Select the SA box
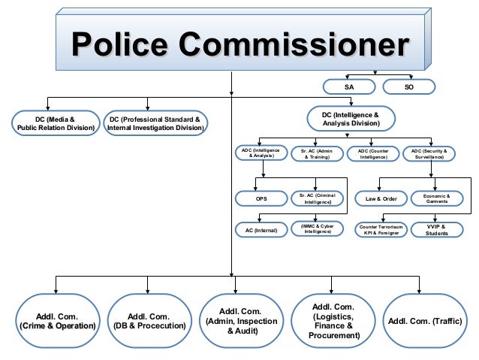(x=349, y=87)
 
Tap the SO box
(x=408, y=87)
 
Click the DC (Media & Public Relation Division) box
(x=56, y=123)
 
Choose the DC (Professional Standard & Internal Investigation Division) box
(x=155, y=123)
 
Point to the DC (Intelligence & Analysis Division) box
(x=351, y=119)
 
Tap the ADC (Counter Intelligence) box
(x=373, y=153)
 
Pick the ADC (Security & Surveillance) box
(x=429, y=153)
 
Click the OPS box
(x=261, y=199)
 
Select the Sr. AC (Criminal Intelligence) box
(x=317, y=199)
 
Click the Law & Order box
(x=381, y=199)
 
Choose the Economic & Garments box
(x=437, y=199)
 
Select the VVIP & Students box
(x=437, y=229)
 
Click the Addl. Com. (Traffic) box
(x=425, y=322)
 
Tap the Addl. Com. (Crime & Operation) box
(x=56, y=322)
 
